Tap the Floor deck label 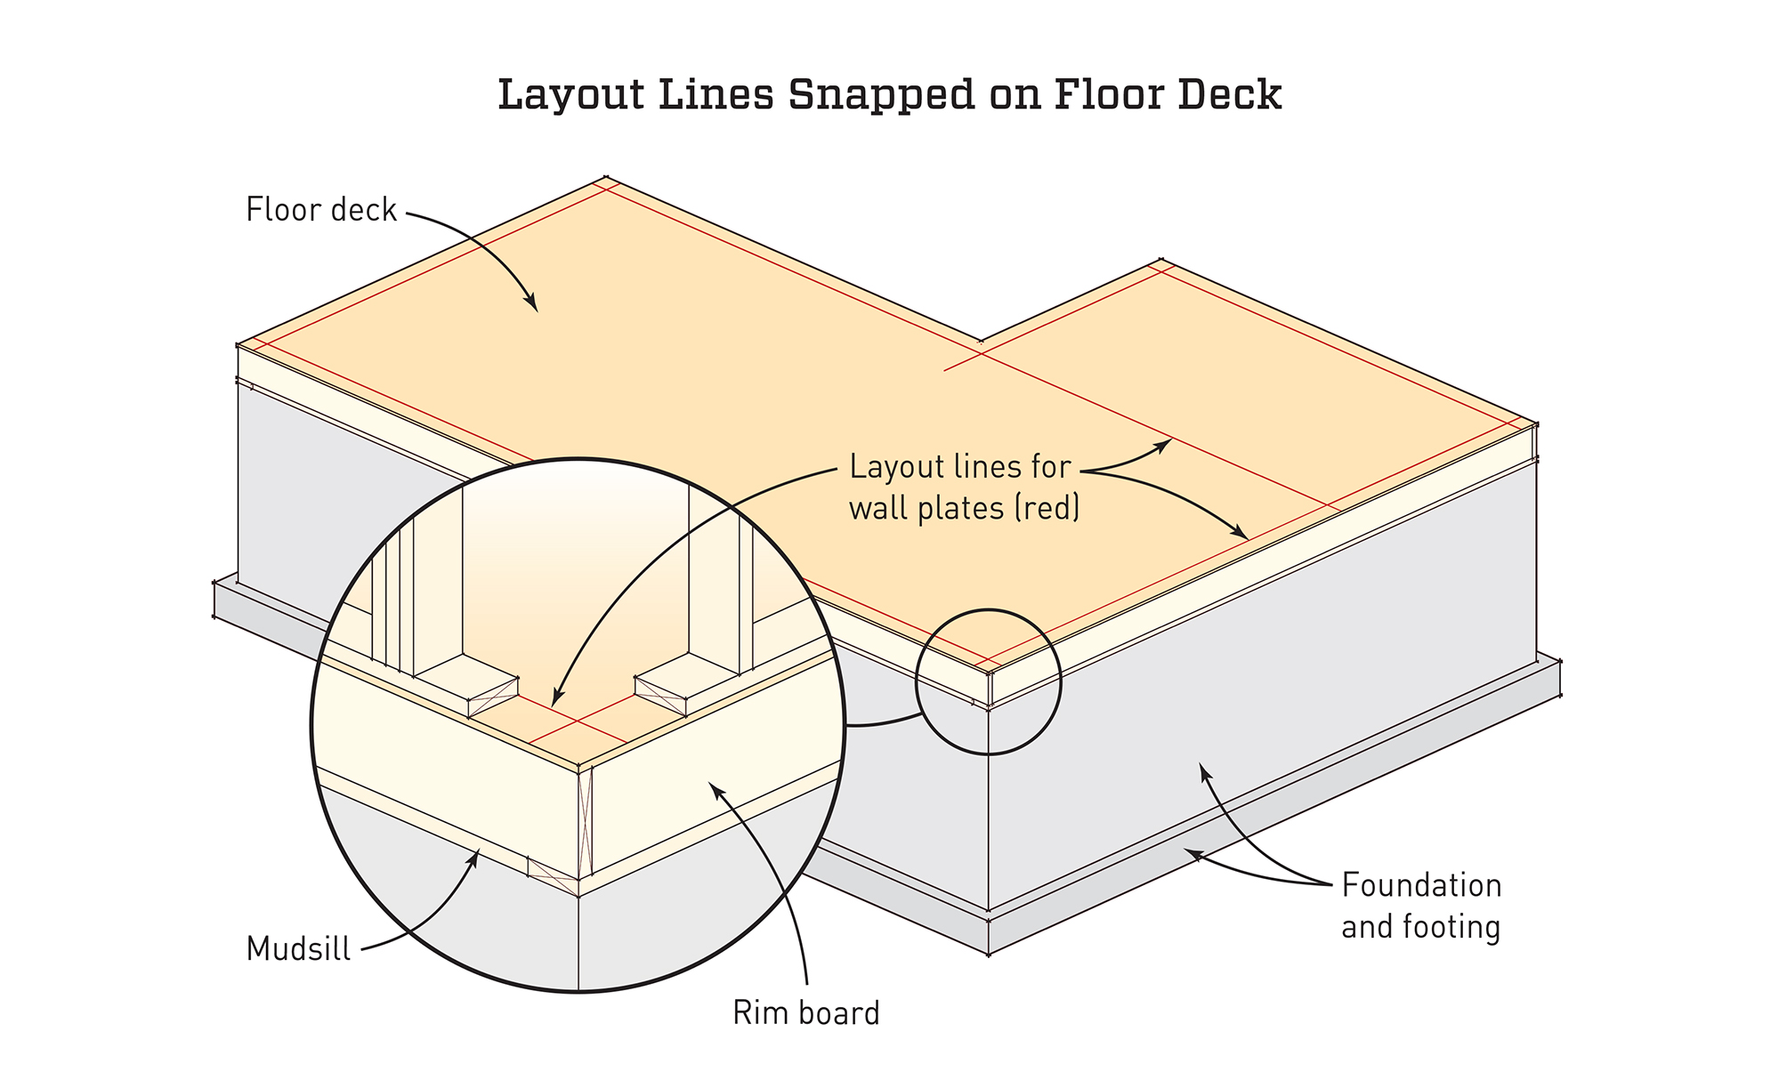[321, 210]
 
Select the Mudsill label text [298, 949]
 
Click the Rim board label [805, 1013]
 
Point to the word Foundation [1421, 885]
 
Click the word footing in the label [1452, 927]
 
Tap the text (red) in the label [1047, 509]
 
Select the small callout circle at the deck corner [989, 681]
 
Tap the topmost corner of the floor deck [606, 177]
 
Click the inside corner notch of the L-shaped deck [982, 342]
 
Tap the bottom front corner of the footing [989, 955]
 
